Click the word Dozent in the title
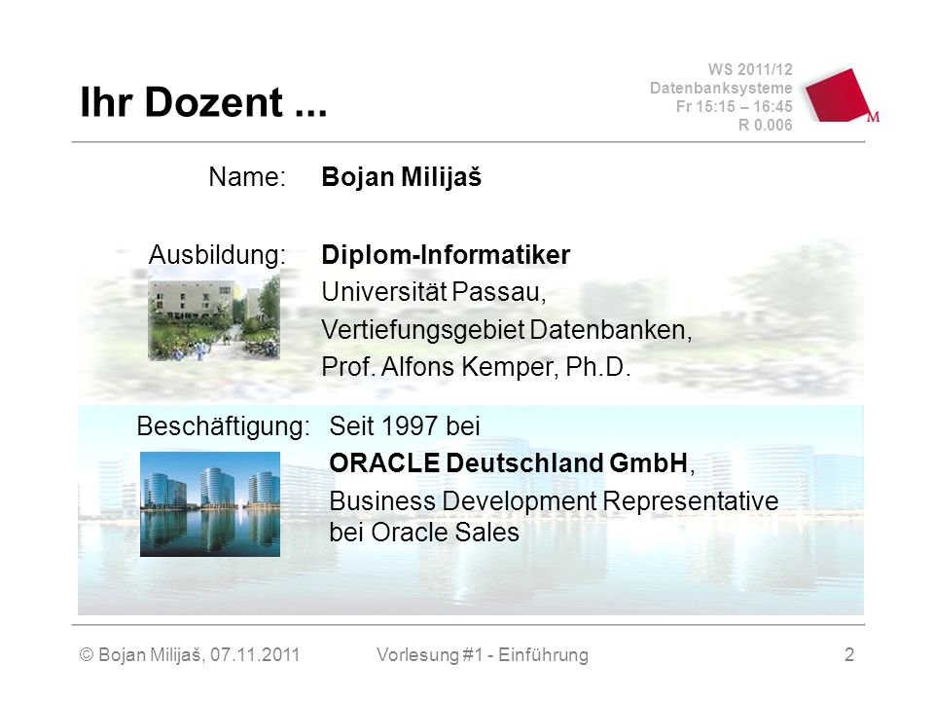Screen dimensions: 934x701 tap(214, 102)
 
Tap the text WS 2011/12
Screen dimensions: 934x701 tap(750, 70)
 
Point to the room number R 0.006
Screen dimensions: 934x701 tap(765, 126)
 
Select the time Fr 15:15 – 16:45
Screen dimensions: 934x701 tap(734, 107)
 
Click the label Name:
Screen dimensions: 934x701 tap(247, 177)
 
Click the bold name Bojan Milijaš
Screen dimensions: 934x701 tap(402, 177)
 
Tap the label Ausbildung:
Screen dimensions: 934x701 tap(217, 254)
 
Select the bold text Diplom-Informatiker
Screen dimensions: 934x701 tap(446, 254)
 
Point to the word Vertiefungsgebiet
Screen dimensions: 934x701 tap(423, 330)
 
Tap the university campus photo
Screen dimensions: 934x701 tap(214, 314)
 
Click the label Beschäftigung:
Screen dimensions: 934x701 tap(224, 426)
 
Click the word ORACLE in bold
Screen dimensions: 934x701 tap(384, 463)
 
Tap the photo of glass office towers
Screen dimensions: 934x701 tap(210, 504)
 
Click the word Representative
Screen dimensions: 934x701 tap(691, 500)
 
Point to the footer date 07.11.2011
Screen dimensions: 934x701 tap(254, 654)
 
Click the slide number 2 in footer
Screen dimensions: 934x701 tap(849, 654)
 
